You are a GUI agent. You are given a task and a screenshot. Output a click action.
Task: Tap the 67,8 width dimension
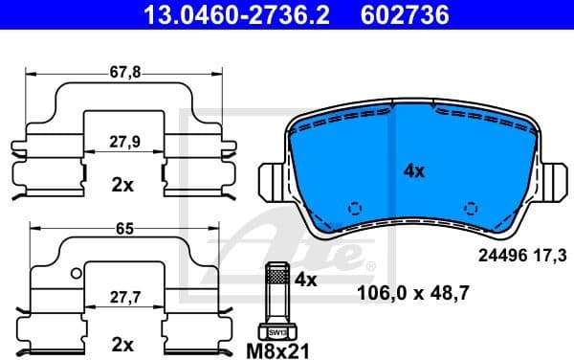pos(119,70)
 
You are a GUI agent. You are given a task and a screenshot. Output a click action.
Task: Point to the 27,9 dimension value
pos(121,141)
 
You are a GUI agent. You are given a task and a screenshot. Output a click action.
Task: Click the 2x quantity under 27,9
pos(121,184)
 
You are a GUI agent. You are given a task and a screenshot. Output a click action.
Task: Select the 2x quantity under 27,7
pos(121,342)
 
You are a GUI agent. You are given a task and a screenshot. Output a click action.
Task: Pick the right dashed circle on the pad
pos(470,208)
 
